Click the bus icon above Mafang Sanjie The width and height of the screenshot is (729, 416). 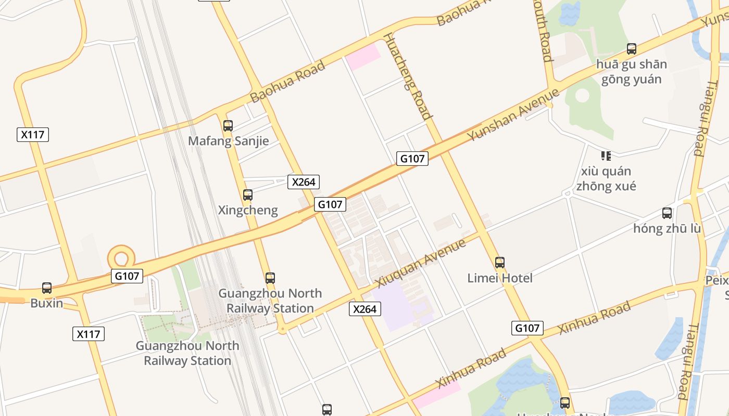point(228,125)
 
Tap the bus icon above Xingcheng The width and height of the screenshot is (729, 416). point(248,195)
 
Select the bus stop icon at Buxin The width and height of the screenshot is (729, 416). point(47,288)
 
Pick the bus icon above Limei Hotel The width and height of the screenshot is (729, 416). point(500,263)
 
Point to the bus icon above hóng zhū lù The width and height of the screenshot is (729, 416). point(667,213)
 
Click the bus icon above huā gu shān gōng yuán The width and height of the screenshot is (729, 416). point(632,49)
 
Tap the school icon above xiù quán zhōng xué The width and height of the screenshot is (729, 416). point(606,155)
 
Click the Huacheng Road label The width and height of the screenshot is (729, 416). point(408,76)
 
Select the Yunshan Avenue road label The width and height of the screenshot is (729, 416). point(513,114)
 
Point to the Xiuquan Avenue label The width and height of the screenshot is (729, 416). point(420,263)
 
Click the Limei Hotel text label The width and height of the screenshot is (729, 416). point(500,278)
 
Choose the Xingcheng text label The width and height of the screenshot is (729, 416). point(248,211)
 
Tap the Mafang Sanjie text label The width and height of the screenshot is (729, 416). point(229,141)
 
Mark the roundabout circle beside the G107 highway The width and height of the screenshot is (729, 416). point(121,257)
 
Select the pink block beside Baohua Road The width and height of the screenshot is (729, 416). point(363,56)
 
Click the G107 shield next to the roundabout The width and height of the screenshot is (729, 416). point(127,276)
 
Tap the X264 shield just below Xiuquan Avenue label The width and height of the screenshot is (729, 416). point(364,309)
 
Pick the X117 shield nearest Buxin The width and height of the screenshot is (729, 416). point(88,334)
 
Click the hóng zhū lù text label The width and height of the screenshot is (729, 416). point(667,228)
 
